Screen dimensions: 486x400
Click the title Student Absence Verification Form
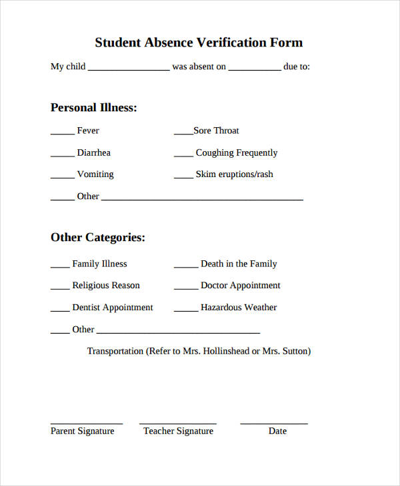(199, 43)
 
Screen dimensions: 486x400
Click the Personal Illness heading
(93, 107)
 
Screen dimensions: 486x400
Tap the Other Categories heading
(97, 237)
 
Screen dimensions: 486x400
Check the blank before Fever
(62, 134)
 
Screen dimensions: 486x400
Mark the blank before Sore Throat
(183, 134)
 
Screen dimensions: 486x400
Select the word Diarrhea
(93, 152)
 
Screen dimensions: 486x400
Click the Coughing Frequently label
(236, 152)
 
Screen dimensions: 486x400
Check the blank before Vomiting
(62, 178)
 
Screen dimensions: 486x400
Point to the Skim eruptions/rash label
(234, 174)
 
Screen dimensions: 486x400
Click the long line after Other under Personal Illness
(202, 199)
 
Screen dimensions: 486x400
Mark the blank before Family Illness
(60, 267)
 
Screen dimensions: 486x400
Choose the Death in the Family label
(239, 264)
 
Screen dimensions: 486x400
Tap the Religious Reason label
(106, 286)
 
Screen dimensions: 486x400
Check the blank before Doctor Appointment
(185, 289)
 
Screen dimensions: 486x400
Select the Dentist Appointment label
(112, 308)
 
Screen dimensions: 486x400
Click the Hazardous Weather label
(238, 308)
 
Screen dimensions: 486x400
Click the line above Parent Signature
(87, 423)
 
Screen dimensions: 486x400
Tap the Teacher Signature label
(178, 431)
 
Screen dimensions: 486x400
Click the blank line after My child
(129, 70)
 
